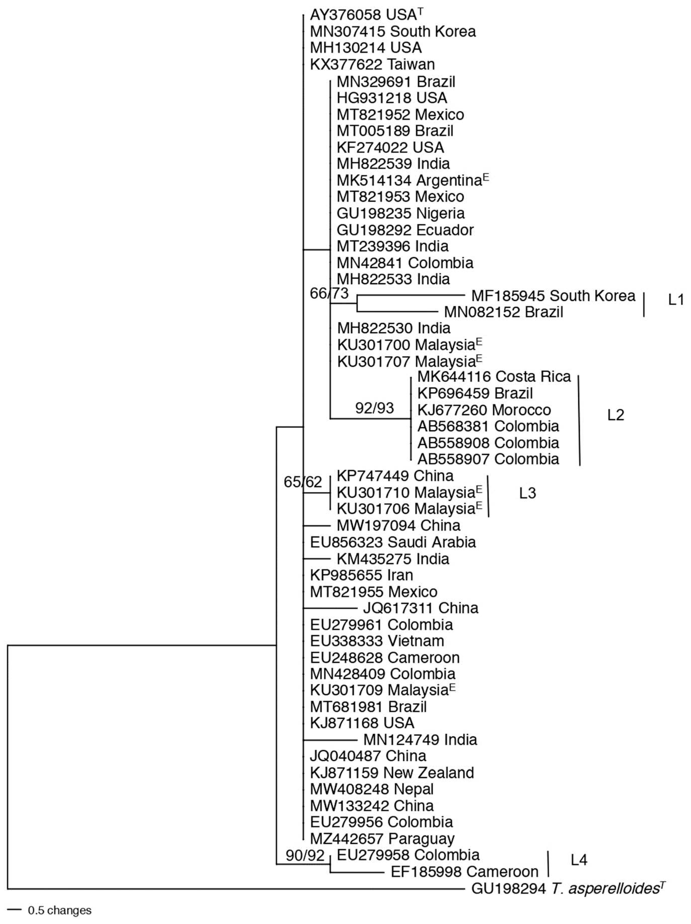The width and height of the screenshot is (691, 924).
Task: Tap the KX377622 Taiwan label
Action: point(372,64)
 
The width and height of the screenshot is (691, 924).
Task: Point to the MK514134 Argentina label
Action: point(412,181)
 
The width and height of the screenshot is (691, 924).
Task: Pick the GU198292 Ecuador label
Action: point(405,230)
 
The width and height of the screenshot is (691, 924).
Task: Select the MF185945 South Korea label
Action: point(553,296)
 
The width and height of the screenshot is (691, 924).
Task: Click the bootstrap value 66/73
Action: point(329,293)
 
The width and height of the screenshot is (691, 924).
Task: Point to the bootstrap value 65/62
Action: point(303,482)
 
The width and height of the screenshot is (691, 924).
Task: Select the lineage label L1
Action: point(676,300)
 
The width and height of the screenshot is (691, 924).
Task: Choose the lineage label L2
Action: point(615,415)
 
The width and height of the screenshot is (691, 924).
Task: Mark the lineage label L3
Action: point(527,493)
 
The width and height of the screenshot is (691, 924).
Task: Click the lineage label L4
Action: point(579,860)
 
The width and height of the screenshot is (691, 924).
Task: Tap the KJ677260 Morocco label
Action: point(484,410)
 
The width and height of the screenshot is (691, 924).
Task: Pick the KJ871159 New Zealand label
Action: point(391,773)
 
